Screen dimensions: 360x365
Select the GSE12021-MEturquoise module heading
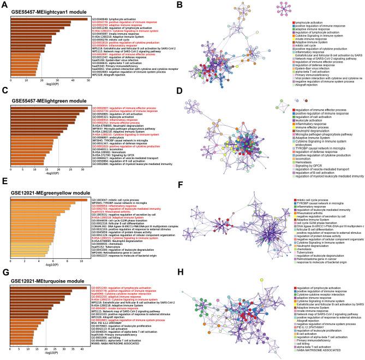(x=42, y=279)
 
